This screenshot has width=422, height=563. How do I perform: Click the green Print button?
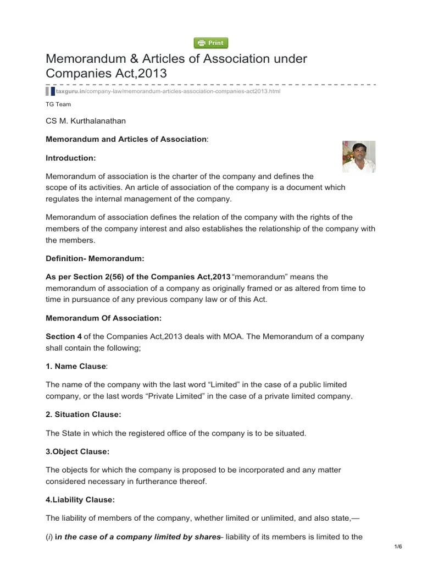point(211,43)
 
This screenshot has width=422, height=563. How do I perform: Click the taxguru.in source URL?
point(168,91)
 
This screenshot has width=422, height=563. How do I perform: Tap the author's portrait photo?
point(359,156)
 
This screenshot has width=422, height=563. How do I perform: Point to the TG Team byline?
point(58,104)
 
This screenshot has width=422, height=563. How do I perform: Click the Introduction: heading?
point(71,158)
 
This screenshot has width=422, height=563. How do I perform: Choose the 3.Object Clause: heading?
point(77,451)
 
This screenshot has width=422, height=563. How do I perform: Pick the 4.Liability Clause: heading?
point(80,500)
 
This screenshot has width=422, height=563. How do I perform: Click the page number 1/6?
point(398,546)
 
